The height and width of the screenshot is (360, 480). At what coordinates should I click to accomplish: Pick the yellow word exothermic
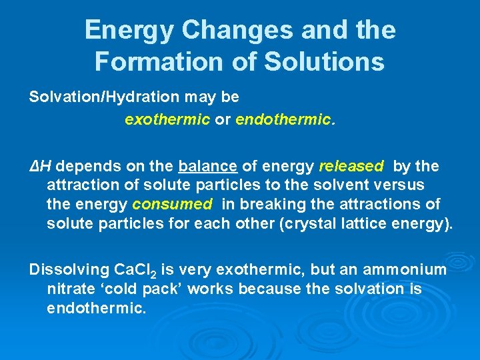click(x=167, y=120)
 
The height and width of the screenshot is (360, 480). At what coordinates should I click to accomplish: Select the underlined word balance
click(x=208, y=165)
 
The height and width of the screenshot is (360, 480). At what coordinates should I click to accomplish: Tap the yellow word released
click(x=351, y=165)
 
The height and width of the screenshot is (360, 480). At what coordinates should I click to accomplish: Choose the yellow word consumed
click(x=172, y=204)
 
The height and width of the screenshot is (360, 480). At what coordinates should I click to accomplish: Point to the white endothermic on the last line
click(x=96, y=308)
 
